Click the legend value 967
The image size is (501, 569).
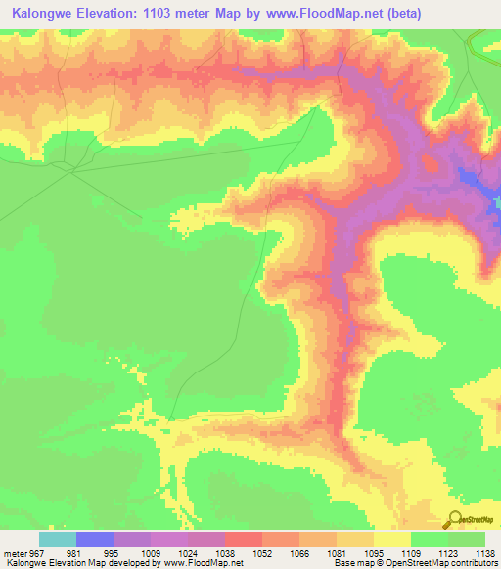(x=35, y=552)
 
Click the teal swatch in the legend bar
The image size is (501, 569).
(x=58, y=539)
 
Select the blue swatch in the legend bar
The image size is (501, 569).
(x=95, y=539)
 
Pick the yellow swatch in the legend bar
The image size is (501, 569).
(x=392, y=539)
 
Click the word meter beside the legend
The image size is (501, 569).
(x=13, y=552)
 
